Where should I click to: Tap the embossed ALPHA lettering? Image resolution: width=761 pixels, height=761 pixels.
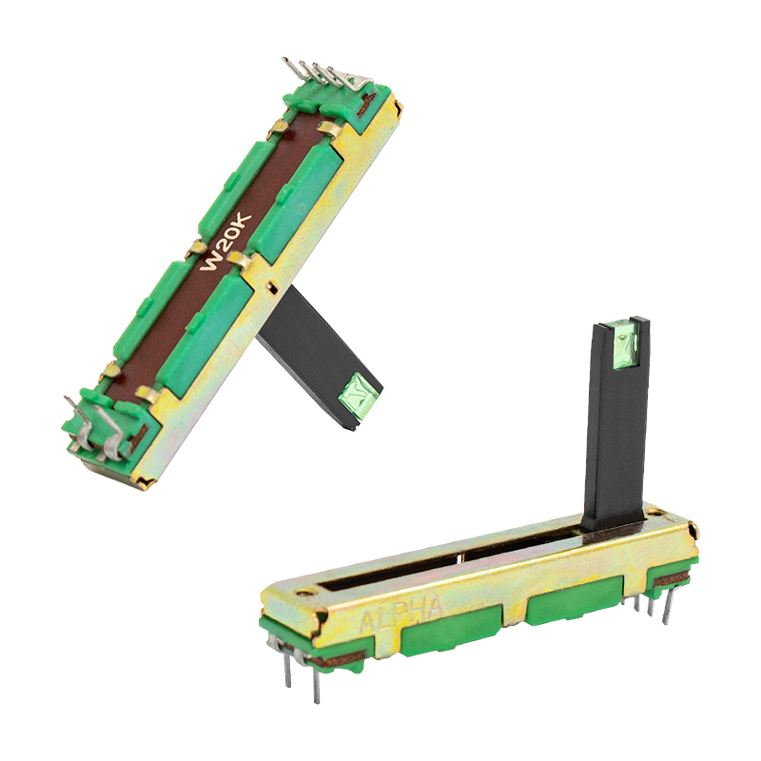(402, 615)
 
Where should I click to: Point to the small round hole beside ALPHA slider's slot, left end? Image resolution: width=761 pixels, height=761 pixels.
(304, 592)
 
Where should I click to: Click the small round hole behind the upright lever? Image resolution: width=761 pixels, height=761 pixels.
(657, 511)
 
